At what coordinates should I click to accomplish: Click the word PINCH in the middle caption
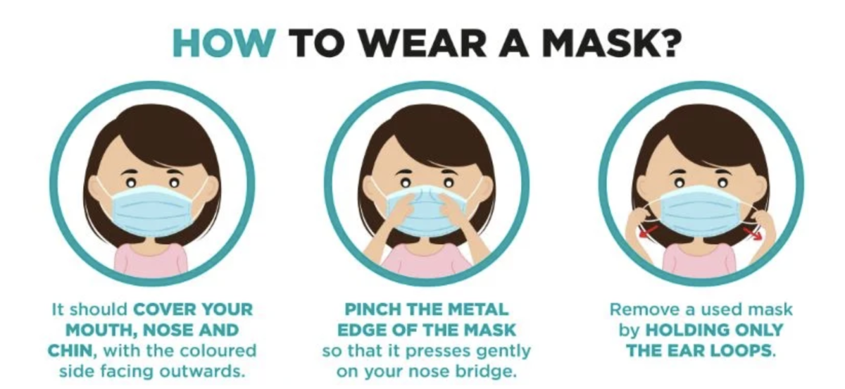pyautogui.click(x=374, y=309)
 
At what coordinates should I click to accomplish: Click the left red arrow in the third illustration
pyautogui.click(x=649, y=232)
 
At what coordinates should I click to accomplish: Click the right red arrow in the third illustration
pyautogui.click(x=753, y=233)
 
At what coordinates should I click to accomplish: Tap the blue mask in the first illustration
pyautogui.click(x=154, y=211)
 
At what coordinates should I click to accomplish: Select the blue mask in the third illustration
pyautogui.click(x=701, y=209)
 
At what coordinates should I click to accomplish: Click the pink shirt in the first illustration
pyautogui.click(x=151, y=260)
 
